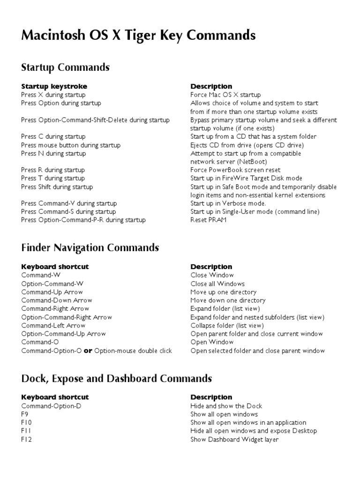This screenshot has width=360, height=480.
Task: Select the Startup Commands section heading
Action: coord(65,67)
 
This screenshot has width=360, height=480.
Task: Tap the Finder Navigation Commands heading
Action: coord(90,247)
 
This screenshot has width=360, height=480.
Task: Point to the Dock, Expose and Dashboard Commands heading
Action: coord(116,378)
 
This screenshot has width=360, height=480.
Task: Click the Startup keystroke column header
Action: coord(54,86)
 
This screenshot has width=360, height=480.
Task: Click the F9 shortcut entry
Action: coord(25,414)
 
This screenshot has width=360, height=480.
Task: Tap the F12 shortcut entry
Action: coord(26,440)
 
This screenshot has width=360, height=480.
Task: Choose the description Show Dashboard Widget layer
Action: coord(234,440)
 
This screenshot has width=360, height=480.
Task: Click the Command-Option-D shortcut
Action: coord(51,406)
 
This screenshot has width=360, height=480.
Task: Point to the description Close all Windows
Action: coord(217,284)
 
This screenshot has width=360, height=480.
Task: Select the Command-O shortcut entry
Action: coord(40,342)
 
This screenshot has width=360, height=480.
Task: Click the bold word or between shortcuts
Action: coord(88,351)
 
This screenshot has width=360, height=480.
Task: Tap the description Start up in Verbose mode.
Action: coord(228,203)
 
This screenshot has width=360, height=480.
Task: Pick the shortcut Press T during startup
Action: coord(53,178)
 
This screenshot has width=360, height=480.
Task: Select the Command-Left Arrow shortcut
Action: coord(53,325)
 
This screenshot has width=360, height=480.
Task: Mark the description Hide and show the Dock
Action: coord(226,406)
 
